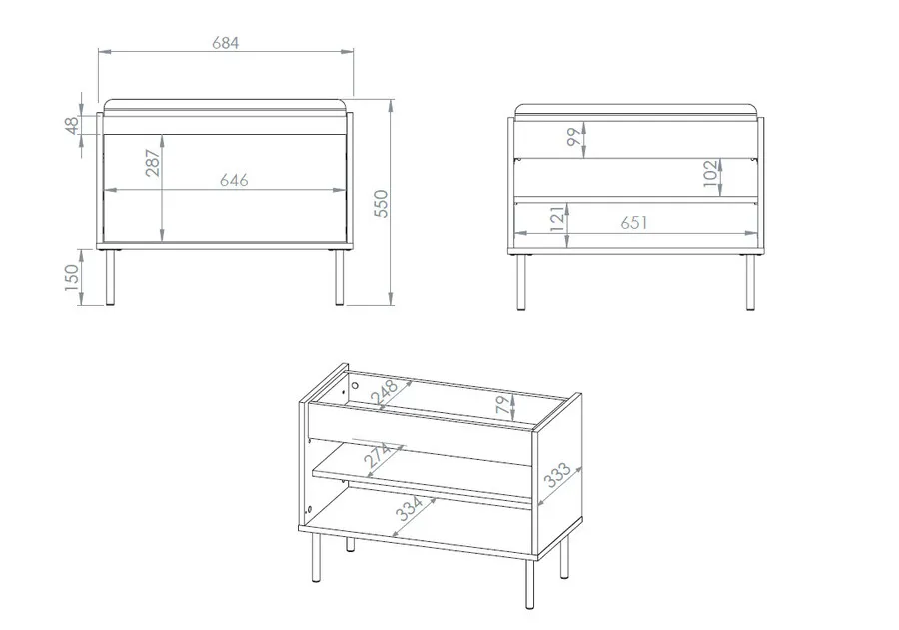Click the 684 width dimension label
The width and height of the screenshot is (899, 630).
226,43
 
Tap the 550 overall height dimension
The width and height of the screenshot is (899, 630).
382,204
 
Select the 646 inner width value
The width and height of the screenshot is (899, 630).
234,180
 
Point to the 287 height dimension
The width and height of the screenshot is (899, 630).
153,163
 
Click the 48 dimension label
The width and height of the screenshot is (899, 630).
72,125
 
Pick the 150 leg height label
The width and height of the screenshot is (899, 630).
72,277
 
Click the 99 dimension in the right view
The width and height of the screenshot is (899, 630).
574,137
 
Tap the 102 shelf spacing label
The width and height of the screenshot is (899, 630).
711,174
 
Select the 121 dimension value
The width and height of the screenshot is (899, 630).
557,219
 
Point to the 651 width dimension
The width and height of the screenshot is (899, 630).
634,222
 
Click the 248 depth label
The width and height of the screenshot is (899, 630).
384,392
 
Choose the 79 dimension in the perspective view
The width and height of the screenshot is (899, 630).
502,406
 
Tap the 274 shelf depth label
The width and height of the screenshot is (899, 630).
378,456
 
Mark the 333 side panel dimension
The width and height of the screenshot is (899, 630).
557,475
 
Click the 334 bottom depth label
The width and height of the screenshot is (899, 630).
410,509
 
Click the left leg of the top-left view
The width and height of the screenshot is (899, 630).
111,277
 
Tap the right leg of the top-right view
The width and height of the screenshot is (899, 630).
750,282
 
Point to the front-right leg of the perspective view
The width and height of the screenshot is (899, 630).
529,584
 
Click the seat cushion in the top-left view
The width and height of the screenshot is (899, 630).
226,107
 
